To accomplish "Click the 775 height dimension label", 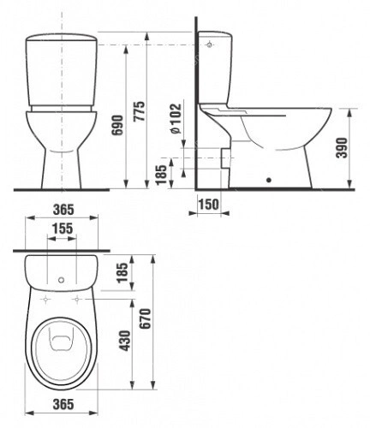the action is tap(140, 111).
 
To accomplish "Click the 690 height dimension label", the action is tap(117, 125).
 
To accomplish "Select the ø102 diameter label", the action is tap(176, 119).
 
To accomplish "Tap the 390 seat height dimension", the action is tap(342, 148).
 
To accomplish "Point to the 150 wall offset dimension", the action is tap(209, 205).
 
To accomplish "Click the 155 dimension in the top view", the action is tap(63, 229).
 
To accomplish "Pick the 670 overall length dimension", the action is tap(145, 318).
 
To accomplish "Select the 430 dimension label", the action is tap(125, 341).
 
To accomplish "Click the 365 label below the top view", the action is tap(63, 404).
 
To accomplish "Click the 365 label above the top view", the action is tap(63, 210).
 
